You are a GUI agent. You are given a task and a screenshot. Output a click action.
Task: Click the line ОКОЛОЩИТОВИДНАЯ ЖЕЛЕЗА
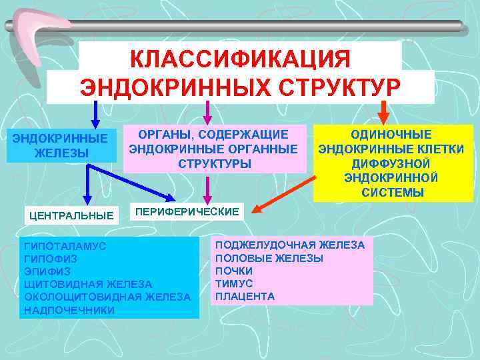107,297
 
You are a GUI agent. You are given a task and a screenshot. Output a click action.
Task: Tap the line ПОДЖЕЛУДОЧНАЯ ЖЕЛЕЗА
290,245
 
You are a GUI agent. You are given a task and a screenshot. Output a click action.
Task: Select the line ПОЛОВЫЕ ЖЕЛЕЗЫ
269,258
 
